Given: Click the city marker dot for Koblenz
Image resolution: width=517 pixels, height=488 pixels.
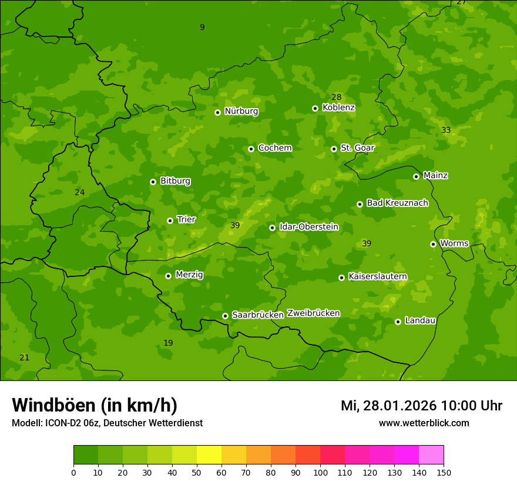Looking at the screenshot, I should coord(315,108).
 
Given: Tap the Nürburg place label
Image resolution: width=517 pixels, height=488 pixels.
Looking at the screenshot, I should coord(241,111).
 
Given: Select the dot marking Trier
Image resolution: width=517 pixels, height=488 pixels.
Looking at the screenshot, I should coord(170,220).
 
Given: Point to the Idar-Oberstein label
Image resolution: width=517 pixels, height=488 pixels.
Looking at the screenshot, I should coord(308,227).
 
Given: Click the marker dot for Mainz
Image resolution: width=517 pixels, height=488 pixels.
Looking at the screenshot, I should coord(416,176).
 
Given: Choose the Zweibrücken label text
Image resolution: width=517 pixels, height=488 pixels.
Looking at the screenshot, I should coord(313,313).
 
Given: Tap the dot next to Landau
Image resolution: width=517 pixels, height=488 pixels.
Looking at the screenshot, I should coord(398,322).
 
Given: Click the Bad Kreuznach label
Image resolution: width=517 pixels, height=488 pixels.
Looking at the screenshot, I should coord(397,203).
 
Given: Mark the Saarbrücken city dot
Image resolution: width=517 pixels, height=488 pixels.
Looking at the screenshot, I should coord(225,316).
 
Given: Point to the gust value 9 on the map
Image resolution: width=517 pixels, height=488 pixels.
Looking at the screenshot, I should coord(202,28).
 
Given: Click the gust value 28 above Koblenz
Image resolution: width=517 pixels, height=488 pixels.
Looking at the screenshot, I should coord(336,98).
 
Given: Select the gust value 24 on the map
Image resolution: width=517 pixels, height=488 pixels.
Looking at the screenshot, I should coord(80,193).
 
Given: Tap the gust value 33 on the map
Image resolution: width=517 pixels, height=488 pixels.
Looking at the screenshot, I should coord(446,131).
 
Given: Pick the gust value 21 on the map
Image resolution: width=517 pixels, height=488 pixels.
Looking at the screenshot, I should coord(24,358).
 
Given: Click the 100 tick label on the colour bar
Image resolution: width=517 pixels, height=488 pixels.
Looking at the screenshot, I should coord(320,473).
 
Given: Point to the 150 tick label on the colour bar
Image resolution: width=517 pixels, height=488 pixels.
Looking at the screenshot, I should coord(444,473).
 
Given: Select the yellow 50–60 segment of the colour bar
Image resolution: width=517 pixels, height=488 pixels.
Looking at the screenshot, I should coord(209,455).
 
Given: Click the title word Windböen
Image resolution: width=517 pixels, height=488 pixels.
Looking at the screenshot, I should coord(53,405).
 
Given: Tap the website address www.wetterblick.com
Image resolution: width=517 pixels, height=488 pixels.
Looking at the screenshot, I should coord(424,423).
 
